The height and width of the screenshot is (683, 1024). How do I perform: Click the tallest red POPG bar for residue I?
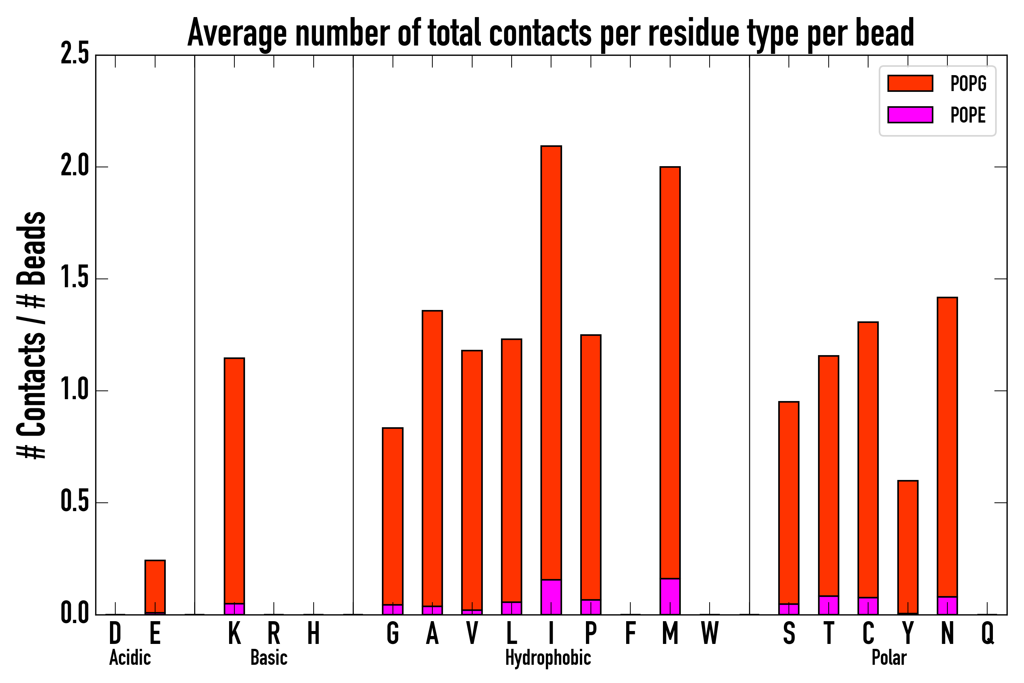click(551, 362)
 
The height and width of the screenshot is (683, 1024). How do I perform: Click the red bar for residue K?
click(234, 479)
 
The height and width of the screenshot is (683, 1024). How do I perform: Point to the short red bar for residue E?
click(155, 586)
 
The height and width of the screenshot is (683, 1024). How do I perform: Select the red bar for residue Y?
click(908, 547)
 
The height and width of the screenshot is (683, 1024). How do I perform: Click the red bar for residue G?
click(393, 516)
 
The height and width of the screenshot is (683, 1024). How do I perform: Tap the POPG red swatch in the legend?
click(910, 83)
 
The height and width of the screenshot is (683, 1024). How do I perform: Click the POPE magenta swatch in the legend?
click(910, 115)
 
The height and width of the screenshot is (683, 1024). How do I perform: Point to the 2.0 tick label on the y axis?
click(75, 167)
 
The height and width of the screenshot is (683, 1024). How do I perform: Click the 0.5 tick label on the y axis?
click(75, 503)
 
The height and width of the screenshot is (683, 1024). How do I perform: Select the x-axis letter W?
click(710, 634)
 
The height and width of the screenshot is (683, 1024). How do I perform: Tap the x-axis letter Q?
click(988, 634)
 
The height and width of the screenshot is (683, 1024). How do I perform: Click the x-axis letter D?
click(115, 634)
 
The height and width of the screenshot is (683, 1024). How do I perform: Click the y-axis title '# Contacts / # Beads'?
click(31, 335)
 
